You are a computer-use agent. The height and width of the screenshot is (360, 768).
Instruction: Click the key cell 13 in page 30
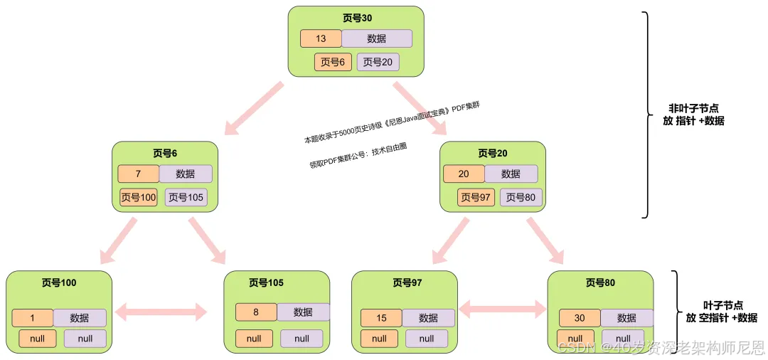tap(321, 38)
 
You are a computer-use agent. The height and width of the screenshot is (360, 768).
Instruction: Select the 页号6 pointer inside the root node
tap(333, 62)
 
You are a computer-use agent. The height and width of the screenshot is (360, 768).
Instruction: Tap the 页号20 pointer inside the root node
tap(378, 62)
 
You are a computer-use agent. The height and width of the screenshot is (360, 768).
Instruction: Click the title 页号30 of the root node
tap(356, 18)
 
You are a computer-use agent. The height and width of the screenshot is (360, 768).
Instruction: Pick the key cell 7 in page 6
tap(139, 174)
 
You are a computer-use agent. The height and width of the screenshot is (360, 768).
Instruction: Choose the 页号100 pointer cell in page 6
tap(139, 197)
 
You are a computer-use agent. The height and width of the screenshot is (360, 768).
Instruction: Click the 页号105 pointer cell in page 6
tap(186, 197)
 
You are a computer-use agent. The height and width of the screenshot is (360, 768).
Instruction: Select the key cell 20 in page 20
tap(464, 174)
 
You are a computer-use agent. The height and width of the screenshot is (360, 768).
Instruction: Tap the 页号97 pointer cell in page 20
tap(476, 197)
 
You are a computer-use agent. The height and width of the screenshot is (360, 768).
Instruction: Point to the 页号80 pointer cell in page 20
tap(521, 197)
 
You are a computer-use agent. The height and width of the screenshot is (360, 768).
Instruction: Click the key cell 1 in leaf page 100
tap(33, 318)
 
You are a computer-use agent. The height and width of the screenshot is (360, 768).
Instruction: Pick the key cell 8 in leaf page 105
tap(256, 312)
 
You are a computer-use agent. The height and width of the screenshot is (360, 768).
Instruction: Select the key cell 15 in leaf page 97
tap(381, 318)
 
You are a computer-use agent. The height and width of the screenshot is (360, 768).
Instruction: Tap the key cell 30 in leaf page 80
tap(580, 318)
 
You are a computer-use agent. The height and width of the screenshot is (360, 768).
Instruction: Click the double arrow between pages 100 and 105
tap(161, 311)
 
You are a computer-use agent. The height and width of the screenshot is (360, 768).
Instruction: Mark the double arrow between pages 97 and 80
tap(503, 309)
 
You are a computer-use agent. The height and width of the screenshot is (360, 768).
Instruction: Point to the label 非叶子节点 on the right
tap(693, 108)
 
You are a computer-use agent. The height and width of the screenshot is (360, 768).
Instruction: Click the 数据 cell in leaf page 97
tap(428, 318)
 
